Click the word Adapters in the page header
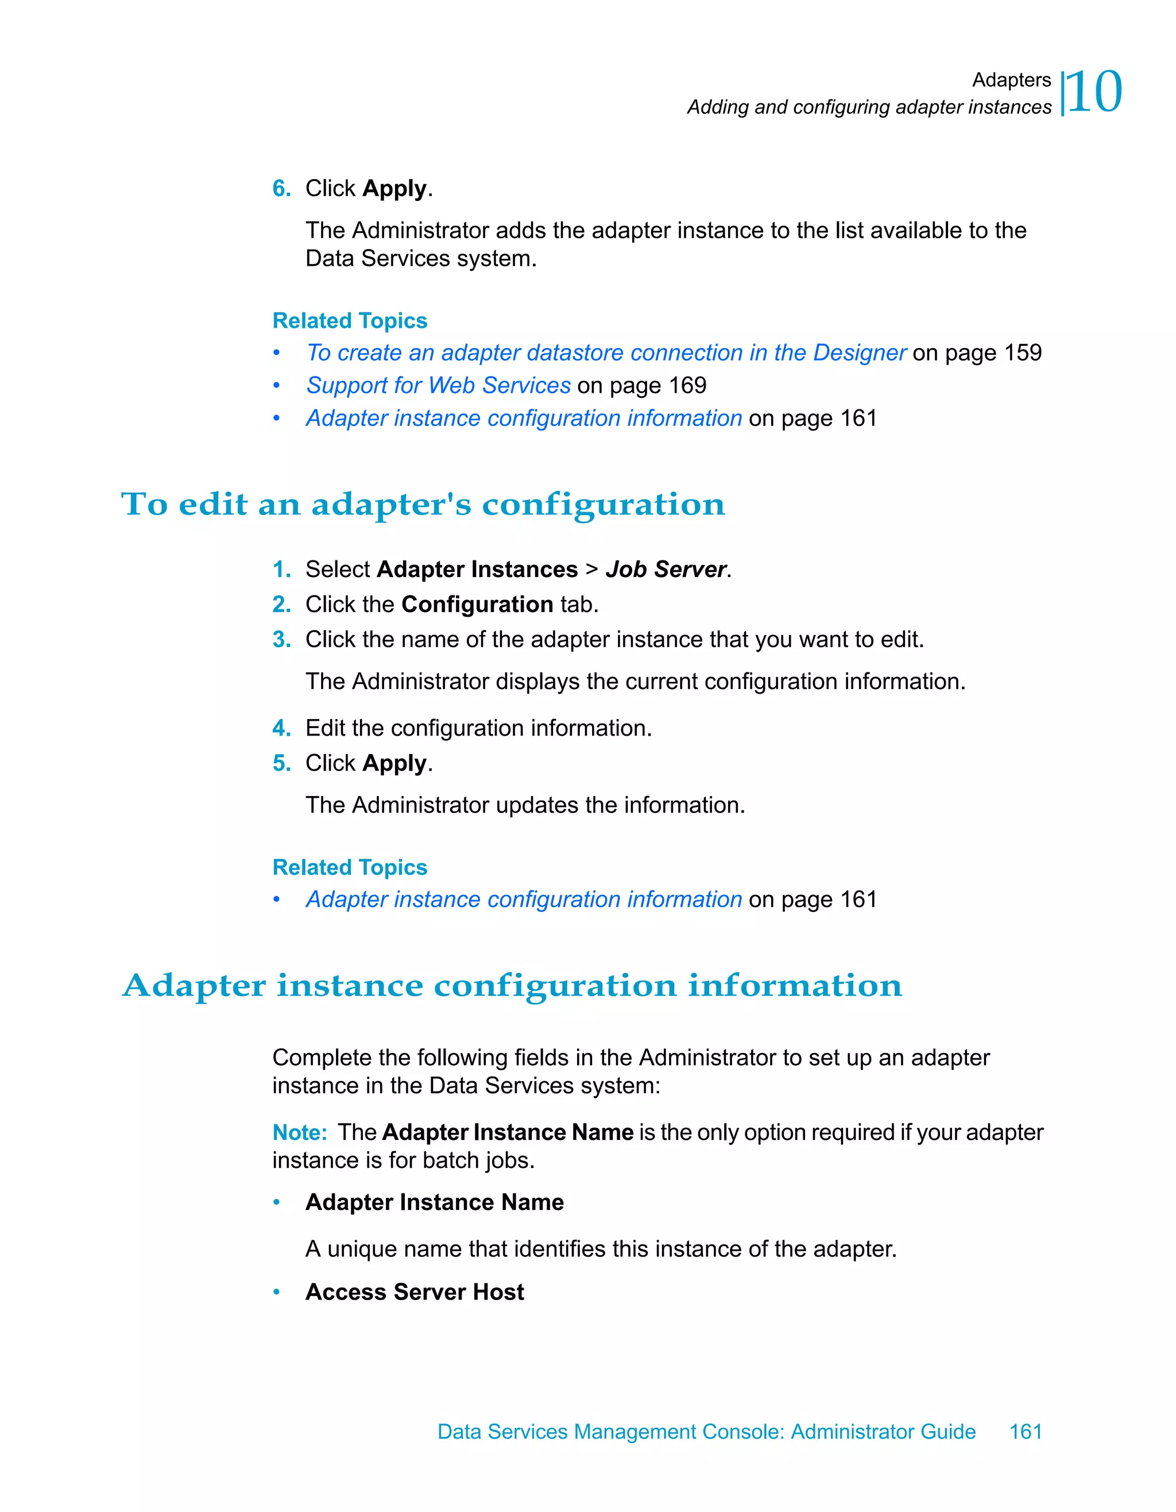click(1011, 80)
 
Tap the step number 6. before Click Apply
click(281, 188)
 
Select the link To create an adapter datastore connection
click(606, 353)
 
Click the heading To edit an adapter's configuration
click(423, 504)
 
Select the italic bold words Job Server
click(665, 569)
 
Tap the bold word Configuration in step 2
click(477, 604)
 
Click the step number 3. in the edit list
click(281, 639)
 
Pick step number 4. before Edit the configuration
click(281, 728)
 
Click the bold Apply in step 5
click(394, 763)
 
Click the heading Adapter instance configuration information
click(512, 985)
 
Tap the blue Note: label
click(299, 1132)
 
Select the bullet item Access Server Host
click(415, 1292)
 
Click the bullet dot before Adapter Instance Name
click(276, 1202)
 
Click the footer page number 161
click(1025, 1431)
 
